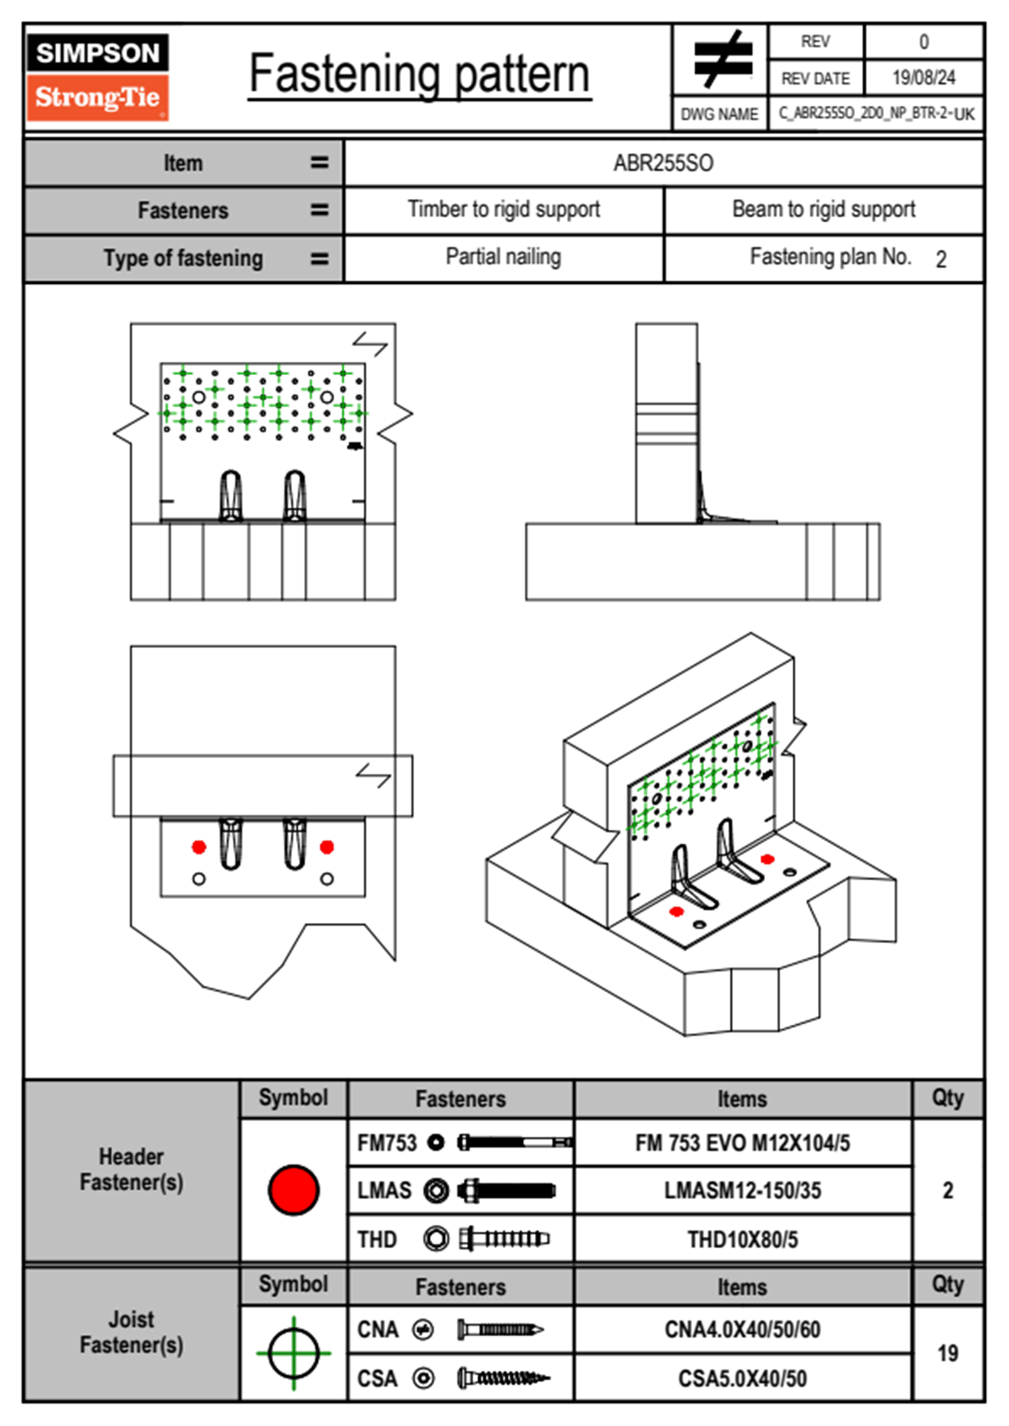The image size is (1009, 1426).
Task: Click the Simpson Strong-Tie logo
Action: (x=98, y=77)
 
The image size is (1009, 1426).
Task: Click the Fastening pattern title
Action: (x=419, y=75)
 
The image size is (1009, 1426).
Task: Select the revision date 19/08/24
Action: (x=923, y=78)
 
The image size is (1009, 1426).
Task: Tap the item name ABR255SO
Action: (x=663, y=163)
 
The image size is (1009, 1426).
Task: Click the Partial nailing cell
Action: (x=503, y=257)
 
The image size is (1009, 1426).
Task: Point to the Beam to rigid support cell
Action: (x=823, y=209)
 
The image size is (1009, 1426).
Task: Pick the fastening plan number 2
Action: (x=940, y=259)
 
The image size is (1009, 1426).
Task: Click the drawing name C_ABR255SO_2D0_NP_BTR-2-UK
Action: (x=876, y=114)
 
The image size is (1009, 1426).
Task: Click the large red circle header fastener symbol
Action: (x=293, y=1189)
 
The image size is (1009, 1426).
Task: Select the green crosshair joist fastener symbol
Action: (x=293, y=1353)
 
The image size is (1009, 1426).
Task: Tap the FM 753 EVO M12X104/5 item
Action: (x=742, y=1143)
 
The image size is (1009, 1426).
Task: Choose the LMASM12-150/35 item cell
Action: (x=742, y=1190)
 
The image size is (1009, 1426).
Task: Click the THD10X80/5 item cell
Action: (x=742, y=1239)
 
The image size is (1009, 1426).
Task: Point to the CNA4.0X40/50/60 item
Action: (x=742, y=1329)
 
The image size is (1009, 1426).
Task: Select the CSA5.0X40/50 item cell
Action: (x=742, y=1379)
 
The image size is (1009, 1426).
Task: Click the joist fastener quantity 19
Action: (x=947, y=1353)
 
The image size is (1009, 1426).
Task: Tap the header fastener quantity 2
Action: (x=947, y=1190)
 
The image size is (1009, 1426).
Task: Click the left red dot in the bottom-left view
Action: (x=199, y=847)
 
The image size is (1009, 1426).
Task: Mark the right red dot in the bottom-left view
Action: (x=326, y=847)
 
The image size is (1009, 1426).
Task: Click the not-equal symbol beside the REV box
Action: (x=722, y=60)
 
